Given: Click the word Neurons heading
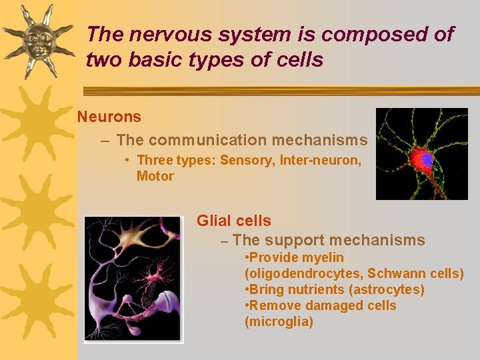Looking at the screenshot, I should pos(109,117).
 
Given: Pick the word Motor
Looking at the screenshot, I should pos(155,176).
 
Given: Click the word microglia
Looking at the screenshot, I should pos(279,322).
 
